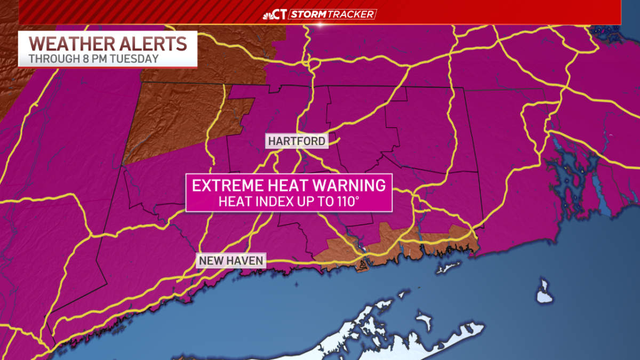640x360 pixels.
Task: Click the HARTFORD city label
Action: [297, 141]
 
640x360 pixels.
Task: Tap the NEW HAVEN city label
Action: [231, 261]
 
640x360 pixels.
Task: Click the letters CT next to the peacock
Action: [281, 14]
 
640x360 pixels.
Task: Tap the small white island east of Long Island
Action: [545, 293]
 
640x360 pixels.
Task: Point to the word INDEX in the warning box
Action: [266, 202]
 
